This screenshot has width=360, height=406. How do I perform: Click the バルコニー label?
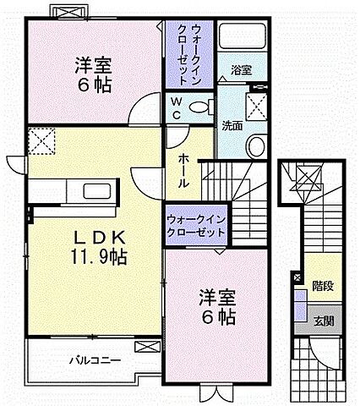95,360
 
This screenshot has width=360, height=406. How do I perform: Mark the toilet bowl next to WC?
198,107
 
